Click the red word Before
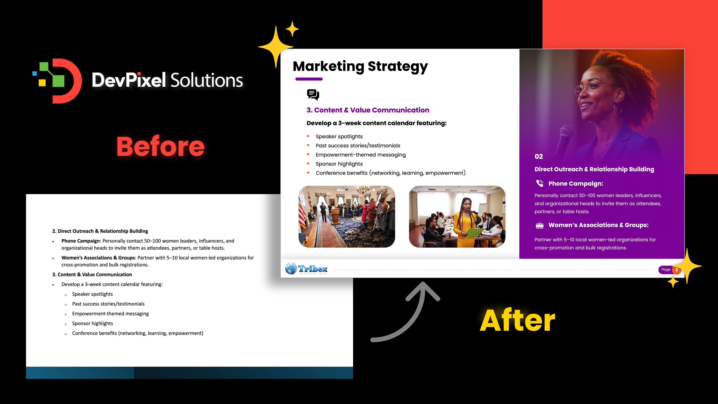(x=160, y=147)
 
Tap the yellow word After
(x=518, y=321)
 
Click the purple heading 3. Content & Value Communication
(x=368, y=110)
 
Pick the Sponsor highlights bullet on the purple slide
(x=339, y=164)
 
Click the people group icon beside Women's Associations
(x=540, y=226)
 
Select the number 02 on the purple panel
(x=538, y=156)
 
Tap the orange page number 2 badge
(x=677, y=270)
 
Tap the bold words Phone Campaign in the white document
(x=81, y=241)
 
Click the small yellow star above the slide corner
(x=292, y=29)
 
